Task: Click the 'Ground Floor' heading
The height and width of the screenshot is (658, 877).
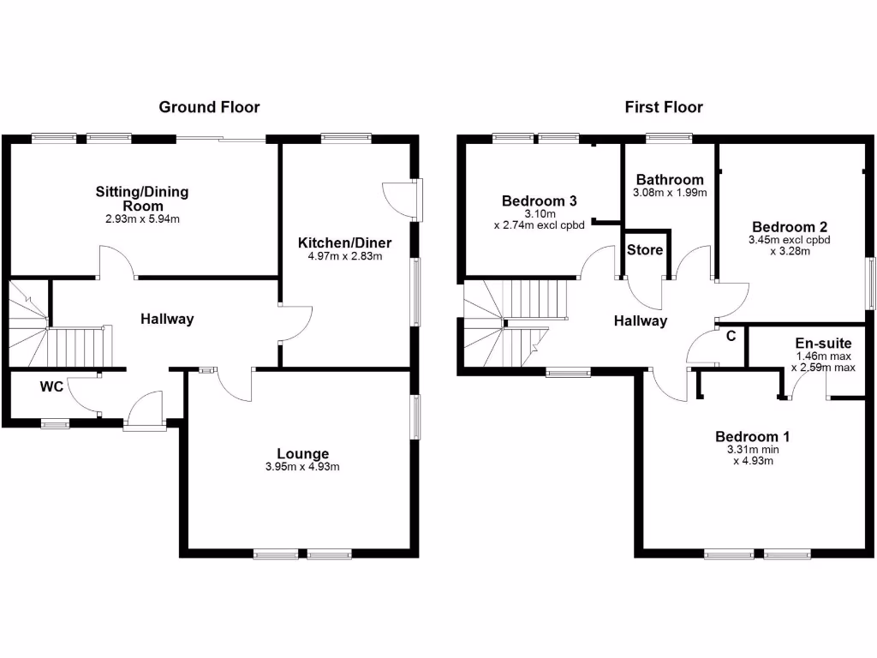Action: coord(209,107)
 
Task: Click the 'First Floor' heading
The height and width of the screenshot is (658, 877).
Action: coord(664,107)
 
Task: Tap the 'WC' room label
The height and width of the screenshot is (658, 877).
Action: coord(51,387)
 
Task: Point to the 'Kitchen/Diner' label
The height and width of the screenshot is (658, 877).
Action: coord(339,242)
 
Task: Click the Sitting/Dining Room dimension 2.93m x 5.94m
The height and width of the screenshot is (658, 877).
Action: coord(142,220)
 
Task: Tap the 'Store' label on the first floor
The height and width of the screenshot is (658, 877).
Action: coord(645,250)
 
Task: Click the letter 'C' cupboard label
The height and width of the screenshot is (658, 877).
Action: coord(731,336)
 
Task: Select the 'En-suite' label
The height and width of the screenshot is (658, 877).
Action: coord(823,343)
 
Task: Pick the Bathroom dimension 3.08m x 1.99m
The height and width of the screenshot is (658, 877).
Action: coord(670,193)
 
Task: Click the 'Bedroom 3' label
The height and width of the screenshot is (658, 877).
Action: coord(539,200)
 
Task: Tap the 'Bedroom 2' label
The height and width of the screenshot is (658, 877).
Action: coord(790,227)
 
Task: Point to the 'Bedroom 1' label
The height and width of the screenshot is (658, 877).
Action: coord(753,437)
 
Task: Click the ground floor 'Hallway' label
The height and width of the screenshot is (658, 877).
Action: coord(167,319)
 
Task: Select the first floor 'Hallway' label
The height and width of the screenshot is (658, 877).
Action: coord(640,321)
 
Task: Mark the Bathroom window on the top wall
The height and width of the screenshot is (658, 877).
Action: coord(669,136)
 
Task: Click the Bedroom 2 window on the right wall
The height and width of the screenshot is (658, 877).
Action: coord(870,283)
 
